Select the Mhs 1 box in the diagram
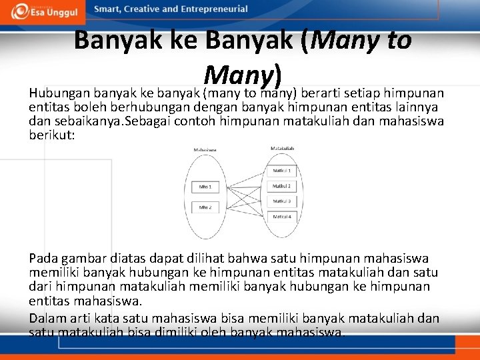pyautogui.click(x=205, y=187)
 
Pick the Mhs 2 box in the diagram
pyautogui.click(x=205, y=207)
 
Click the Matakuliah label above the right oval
pyautogui.click(x=283, y=148)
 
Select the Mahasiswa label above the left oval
pyautogui.click(x=205, y=150)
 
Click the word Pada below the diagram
pyautogui.click(x=43, y=258)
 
